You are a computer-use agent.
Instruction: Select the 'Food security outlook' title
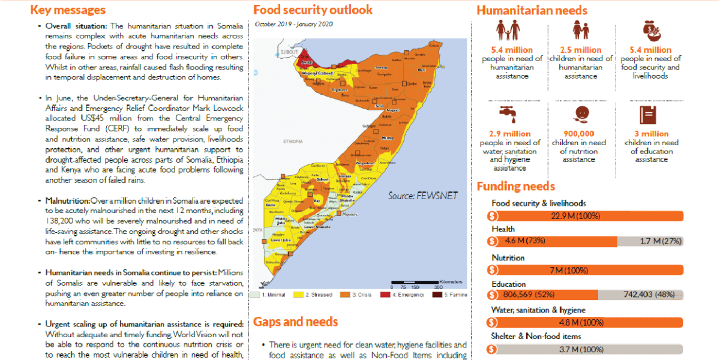click(x=313, y=10)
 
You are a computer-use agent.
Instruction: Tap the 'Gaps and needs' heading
click(x=295, y=322)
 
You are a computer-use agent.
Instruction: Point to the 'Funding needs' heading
click(x=516, y=186)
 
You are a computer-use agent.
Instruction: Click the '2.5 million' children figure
click(x=580, y=50)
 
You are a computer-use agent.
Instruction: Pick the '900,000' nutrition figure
click(x=579, y=134)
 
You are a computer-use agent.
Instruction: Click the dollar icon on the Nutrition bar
click(x=492, y=270)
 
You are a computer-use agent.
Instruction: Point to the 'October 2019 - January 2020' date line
click(x=295, y=24)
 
